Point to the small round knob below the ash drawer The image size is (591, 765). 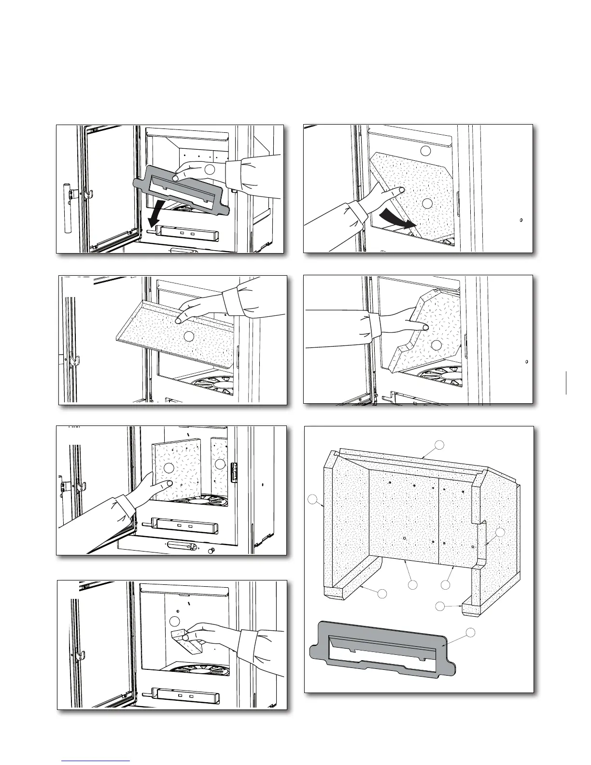(x=211, y=552)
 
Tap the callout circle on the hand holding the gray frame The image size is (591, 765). (x=210, y=169)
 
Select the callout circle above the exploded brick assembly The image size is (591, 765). (x=438, y=444)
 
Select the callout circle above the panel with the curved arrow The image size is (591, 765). (x=425, y=150)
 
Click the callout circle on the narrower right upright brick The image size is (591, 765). (x=220, y=464)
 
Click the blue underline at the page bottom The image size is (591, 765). (x=96, y=761)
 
